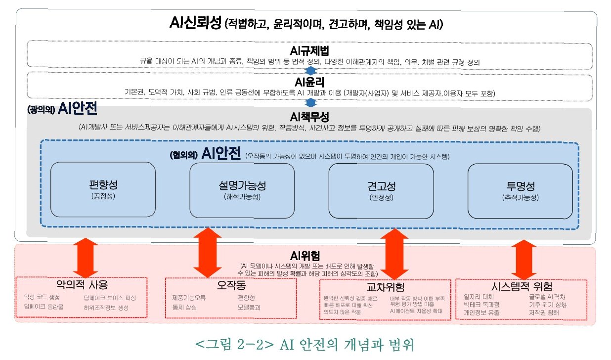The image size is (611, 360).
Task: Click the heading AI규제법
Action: coord(310,51)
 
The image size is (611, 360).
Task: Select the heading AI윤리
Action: coord(310,82)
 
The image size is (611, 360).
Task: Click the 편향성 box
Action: coord(103,189)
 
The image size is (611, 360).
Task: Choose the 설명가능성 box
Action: coord(242,190)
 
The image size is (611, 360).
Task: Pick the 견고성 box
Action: coord(381,190)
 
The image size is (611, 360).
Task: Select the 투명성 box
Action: coord(520,190)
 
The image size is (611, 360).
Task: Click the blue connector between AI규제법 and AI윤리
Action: coord(310,71)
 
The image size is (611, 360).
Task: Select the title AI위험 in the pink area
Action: coord(305,256)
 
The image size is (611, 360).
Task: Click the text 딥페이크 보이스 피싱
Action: coord(109,298)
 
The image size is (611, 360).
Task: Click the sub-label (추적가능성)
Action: coord(520,197)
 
